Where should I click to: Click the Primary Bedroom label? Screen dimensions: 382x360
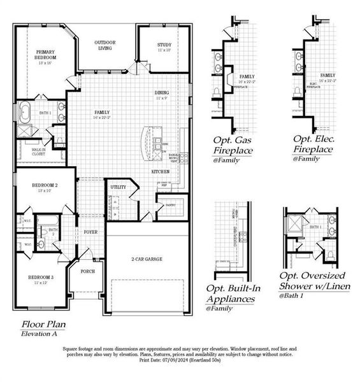click(x=45, y=55)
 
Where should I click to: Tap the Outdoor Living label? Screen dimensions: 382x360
click(x=104, y=45)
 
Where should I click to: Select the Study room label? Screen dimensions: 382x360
click(x=164, y=45)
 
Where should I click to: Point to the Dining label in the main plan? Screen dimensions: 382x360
click(x=161, y=94)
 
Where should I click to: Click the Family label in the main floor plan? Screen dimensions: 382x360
click(x=102, y=113)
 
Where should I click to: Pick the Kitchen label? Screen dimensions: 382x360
click(x=159, y=173)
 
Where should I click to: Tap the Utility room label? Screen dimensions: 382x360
click(x=118, y=187)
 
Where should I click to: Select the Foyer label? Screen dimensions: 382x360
click(x=90, y=232)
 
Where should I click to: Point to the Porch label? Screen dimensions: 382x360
click(x=87, y=271)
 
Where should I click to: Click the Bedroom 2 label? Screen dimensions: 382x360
click(x=45, y=187)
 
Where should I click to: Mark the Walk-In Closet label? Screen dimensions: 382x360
click(x=38, y=152)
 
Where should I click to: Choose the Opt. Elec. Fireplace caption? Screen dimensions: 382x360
click(x=313, y=145)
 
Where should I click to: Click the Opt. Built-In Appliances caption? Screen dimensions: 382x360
click(x=233, y=294)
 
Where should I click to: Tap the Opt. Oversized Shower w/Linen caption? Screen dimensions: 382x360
click(x=312, y=280)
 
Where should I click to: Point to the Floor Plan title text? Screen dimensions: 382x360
click(x=43, y=324)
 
